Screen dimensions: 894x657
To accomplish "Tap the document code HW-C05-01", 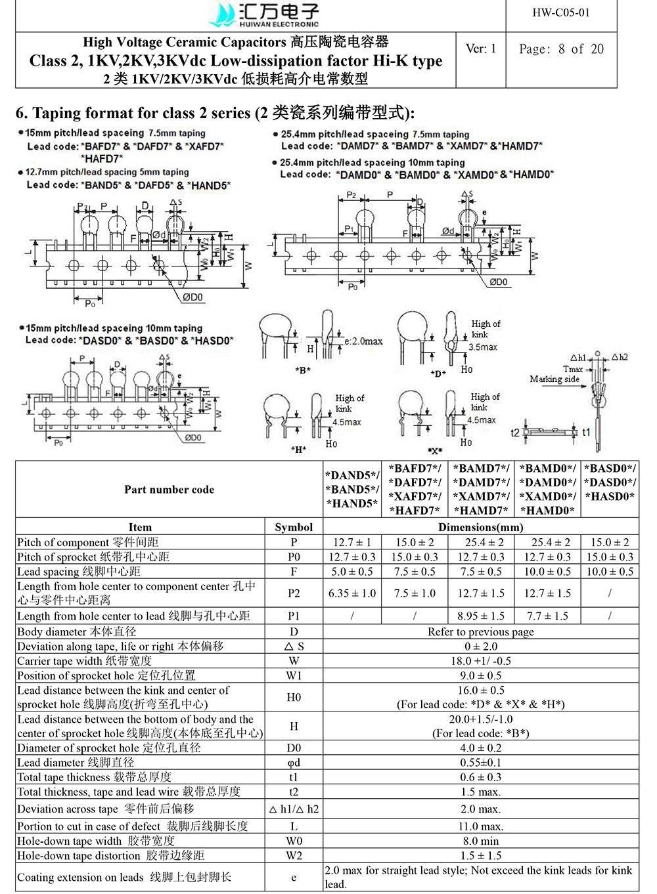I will (560, 12).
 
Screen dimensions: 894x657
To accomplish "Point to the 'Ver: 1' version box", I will (481, 49).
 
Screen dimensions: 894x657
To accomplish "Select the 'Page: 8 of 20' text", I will (561, 49).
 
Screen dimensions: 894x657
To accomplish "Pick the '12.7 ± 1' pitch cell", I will (352, 542).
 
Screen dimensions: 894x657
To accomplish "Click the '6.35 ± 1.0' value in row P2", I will (352, 593).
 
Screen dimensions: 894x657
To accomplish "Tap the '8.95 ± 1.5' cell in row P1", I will (481, 616).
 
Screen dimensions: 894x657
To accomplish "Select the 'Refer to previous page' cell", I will (481, 631).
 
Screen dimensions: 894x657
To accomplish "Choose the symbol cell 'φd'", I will (294, 763).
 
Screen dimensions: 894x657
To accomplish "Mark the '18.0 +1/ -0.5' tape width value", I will (481, 661).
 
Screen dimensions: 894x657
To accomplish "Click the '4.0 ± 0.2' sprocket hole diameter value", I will (481, 748).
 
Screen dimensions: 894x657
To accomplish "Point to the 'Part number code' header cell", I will (170, 490).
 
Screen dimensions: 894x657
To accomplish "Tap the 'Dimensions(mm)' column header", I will (481, 527).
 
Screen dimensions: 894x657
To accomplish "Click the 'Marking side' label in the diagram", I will (555, 379).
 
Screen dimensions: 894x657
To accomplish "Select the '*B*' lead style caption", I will (303, 371).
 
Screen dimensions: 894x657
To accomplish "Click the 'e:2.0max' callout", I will (363, 341).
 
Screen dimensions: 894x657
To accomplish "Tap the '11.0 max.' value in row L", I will (481, 826).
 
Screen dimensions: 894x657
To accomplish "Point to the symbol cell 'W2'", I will (294, 855).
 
